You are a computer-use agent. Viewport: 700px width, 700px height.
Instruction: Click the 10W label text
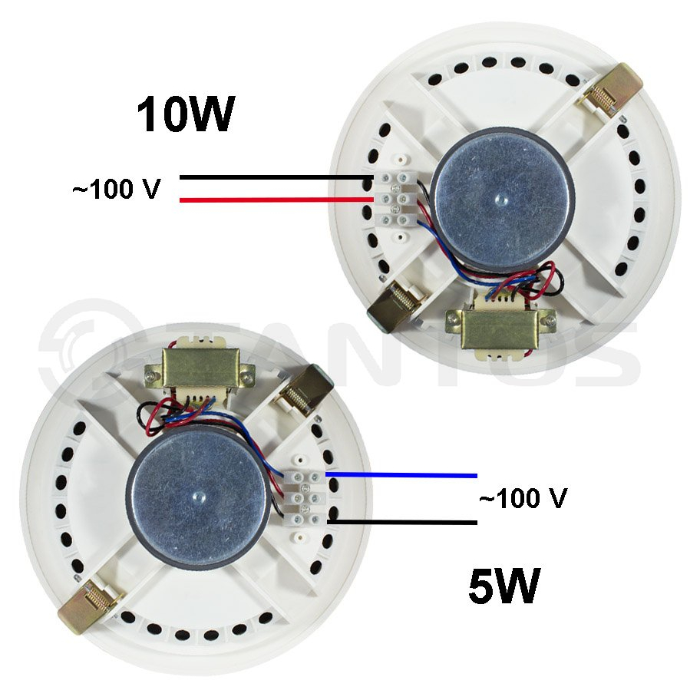click(186, 114)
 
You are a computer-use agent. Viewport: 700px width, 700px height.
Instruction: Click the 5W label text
click(504, 586)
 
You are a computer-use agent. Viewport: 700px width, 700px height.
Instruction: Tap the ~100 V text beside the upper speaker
click(117, 189)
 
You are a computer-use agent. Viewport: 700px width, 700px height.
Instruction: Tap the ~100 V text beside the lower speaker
click(523, 498)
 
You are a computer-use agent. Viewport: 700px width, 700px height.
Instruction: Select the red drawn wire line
click(276, 200)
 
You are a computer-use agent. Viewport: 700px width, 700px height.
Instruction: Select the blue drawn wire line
click(401, 475)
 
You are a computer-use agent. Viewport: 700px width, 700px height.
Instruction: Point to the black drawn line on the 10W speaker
click(276, 177)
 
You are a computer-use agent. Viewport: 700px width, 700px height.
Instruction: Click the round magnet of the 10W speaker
click(501, 200)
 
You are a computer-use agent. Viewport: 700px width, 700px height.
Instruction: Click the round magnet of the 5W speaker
click(198, 496)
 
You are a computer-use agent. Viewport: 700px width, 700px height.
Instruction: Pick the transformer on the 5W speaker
click(200, 370)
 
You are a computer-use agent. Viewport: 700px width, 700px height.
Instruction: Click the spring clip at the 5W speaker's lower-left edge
click(90, 605)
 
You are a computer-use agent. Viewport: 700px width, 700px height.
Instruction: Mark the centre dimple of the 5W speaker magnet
click(197, 495)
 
